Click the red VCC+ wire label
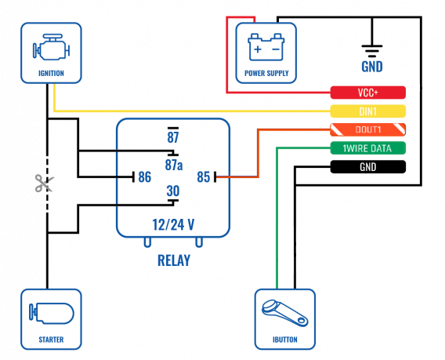(x=367, y=93)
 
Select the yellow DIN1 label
(x=367, y=111)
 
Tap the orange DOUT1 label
(x=367, y=129)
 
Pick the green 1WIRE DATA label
(x=367, y=148)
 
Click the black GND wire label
(x=367, y=167)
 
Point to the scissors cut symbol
(x=45, y=183)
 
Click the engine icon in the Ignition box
(x=51, y=47)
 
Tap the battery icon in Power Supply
(x=266, y=47)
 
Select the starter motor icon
(x=52, y=314)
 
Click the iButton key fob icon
(x=284, y=313)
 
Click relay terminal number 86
(x=144, y=177)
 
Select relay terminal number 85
(x=204, y=177)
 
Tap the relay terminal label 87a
(x=174, y=165)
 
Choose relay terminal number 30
(x=173, y=191)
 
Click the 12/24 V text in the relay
(x=173, y=224)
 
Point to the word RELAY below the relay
(x=174, y=260)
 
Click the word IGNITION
(x=51, y=73)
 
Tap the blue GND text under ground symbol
(x=372, y=67)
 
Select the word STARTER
(x=51, y=340)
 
